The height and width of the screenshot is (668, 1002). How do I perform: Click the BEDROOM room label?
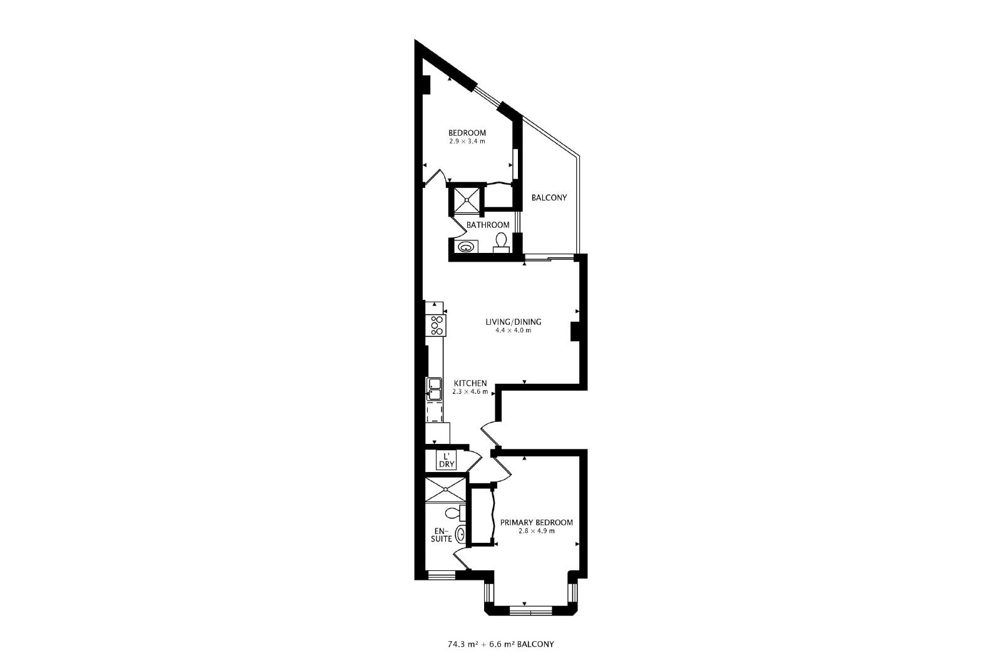pyautogui.click(x=467, y=133)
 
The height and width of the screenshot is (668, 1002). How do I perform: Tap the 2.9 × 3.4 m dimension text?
pyautogui.click(x=467, y=141)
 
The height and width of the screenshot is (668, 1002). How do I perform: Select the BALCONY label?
pyautogui.click(x=549, y=198)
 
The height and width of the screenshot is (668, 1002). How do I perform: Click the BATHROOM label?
pyautogui.click(x=488, y=225)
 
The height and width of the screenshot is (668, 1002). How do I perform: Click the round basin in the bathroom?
pyautogui.click(x=466, y=247)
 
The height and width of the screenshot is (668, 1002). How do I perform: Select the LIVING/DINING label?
pyautogui.click(x=514, y=322)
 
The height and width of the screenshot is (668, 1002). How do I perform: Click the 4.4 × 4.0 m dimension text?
pyautogui.click(x=514, y=331)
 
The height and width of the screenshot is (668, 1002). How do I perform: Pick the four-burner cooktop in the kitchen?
pyautogui.click(x=123, y=325)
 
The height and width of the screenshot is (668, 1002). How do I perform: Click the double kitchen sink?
pyautogui.click(x=121, y=389)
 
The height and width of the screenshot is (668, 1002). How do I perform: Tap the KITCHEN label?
pyautogui.click(x=470, y=383)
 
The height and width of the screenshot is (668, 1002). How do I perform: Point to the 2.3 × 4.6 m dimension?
pyautogui.click(x=470, y=392)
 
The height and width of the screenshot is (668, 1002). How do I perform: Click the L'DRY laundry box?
pyautogui.click(x=447, y=460)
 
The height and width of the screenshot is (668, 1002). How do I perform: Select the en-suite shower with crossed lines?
pyautogui.click(x=445, y=489)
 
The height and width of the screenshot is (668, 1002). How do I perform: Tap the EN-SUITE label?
pyautogui.click(x=442, y=535)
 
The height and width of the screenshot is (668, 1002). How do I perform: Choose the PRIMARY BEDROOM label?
pyautogui.click(x=536, y=523)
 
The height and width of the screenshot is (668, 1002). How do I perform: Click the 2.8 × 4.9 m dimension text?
pyautogui.click(x=536, y=531)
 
